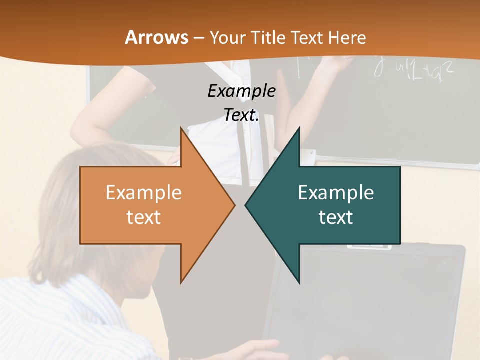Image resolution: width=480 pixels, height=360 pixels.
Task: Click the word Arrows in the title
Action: [156, 37]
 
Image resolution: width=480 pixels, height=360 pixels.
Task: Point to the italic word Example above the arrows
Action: [241, 91]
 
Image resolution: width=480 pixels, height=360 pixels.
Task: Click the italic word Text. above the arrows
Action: [241, 115]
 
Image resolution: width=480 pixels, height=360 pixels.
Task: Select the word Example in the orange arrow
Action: [143, 193]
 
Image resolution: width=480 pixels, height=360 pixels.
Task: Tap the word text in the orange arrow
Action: [143, 217]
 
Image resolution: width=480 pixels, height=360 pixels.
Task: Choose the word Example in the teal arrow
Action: [336, 193]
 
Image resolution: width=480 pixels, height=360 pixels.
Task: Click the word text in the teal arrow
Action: [336, 217]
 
